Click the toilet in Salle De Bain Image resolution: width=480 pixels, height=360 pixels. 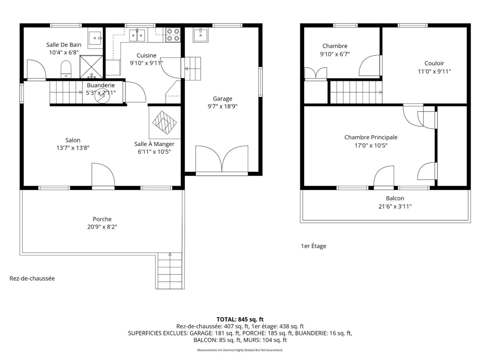click(66, 69)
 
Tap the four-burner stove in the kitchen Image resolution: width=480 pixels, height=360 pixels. click(173, 35)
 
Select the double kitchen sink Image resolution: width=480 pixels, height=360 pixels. click(137, 35)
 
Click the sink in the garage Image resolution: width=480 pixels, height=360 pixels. click(200, 35)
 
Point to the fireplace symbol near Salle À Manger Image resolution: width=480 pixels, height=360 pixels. click(164, 123)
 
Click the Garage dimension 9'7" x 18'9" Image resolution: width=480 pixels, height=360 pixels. click(222, 106)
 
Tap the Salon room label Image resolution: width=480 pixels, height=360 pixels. click(73, 140)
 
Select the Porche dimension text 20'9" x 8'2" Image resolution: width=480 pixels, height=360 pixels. click(102, 227)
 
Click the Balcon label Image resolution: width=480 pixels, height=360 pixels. click(395, 198)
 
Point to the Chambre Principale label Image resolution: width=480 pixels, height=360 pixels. click(371, 137)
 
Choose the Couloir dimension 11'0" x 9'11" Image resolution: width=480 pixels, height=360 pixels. click(434, 71)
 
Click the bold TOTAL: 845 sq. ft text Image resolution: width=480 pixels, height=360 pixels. click(240, 319)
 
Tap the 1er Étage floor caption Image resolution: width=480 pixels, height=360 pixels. click(313, 246)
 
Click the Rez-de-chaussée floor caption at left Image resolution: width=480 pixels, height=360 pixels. click(32, 278)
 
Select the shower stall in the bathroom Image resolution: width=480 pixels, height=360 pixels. click(91, 67)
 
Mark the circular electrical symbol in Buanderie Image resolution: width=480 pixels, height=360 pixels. click(102, 96)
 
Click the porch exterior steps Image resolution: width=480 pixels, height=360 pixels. click(170, 271)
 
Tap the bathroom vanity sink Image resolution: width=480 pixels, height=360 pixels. click(95, 38)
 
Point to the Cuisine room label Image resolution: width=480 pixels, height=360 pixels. click(146, 55)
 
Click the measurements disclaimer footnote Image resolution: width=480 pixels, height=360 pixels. click(240, 350)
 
